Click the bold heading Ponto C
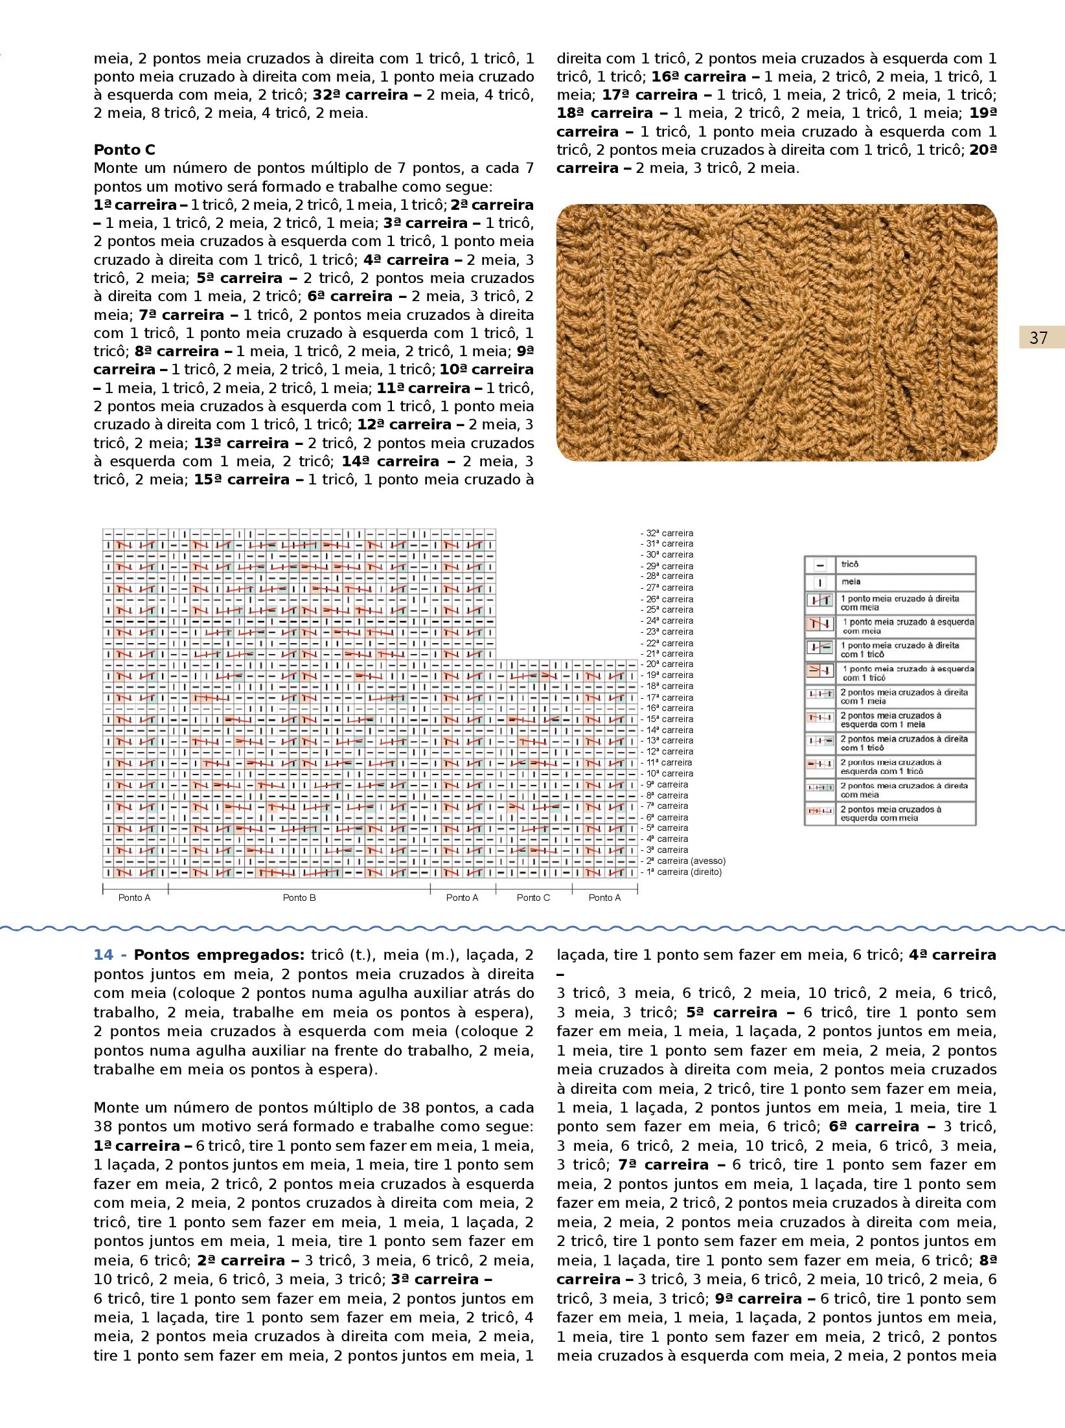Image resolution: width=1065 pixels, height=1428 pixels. coord(124,150)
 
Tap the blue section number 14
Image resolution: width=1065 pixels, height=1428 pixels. coord(104,955)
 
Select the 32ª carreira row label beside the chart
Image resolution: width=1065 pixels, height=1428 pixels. coord(669,534)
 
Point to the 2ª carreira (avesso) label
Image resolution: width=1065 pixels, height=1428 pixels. coord(685,861)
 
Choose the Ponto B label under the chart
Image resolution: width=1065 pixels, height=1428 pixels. coord(299,898)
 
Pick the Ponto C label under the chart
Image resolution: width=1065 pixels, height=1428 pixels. coord(533,898)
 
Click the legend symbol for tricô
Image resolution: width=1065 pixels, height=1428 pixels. coord(820,565)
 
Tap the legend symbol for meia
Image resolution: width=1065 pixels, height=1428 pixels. coord(820,582)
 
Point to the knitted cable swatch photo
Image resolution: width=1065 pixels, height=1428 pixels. coord(776,332)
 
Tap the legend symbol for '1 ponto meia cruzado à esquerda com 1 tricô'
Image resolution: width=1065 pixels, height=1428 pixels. coord(820,670)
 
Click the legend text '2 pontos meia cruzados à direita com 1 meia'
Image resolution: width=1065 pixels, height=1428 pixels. coord(904,696)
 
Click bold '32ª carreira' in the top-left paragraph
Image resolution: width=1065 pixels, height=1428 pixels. coord(360,95)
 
